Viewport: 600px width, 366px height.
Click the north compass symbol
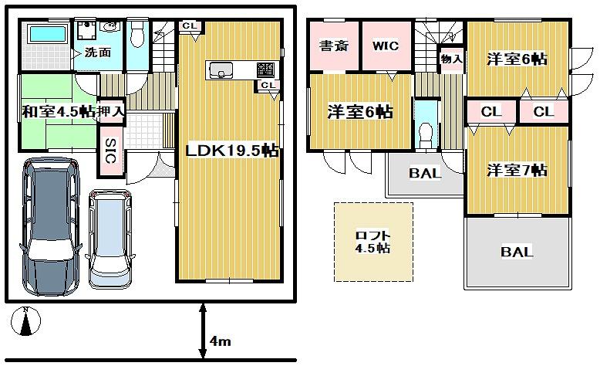point(25,321)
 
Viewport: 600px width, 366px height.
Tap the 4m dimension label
point(220,341)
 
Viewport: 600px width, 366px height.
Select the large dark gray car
point(50,226)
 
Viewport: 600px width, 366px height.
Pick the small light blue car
point(110,239)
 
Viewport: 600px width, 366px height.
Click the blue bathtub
point(48,33)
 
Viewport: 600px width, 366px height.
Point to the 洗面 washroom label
point(98,53)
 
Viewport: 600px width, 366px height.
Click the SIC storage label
point(110,151)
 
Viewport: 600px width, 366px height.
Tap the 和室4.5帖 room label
point(58,112)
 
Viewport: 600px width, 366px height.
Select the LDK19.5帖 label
point(232,151)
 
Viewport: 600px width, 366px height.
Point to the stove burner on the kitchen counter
point(265,69)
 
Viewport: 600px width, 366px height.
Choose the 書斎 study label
point(334,46)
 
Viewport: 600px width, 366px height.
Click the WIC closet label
point(386,46)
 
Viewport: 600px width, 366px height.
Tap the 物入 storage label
point(451,59)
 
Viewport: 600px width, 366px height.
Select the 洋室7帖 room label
point(517,170)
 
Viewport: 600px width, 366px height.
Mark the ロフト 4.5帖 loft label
point(372,242)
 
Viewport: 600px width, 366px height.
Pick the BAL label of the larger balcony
point(517,252)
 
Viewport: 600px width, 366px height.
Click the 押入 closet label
point(110,112)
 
